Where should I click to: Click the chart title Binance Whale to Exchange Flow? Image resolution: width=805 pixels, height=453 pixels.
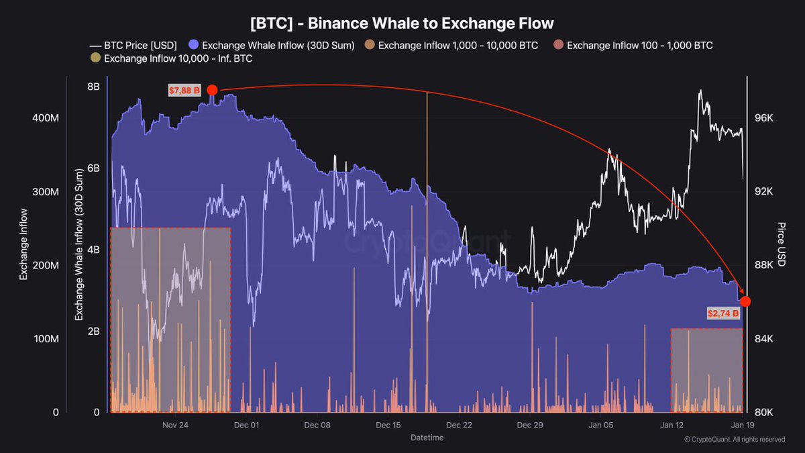tap(402, 23)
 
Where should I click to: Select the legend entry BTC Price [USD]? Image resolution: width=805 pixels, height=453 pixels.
tap(133, 46)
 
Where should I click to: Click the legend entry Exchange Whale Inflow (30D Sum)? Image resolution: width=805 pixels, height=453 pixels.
tap(272, 46)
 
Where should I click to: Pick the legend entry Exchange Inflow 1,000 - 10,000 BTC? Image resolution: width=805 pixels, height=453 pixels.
tap(451, 46)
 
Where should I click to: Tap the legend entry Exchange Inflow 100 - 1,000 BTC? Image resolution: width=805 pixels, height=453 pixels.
tap(633, 46)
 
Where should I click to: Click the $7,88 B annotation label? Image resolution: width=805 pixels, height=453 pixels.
tap(184, 91)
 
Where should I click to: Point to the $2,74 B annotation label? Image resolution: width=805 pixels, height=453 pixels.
tap(722, 313)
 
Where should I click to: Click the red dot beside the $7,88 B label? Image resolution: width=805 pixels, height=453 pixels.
tap(212, 91)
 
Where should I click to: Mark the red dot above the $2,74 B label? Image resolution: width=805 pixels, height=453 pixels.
tap(745, 301)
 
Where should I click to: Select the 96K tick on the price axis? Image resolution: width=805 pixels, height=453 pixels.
tap(764, 118)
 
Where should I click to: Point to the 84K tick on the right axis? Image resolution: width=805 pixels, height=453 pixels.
tap(764, 339)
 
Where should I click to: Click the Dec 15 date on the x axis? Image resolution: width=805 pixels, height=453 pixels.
tap(388, 425)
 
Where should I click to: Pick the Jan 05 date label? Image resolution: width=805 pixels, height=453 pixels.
tap(601, 425)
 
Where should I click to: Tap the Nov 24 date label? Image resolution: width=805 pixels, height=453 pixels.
tap(175, 425)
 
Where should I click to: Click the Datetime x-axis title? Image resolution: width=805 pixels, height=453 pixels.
tap(427, 438)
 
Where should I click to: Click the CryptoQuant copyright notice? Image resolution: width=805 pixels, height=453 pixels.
tap(734, 440)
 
